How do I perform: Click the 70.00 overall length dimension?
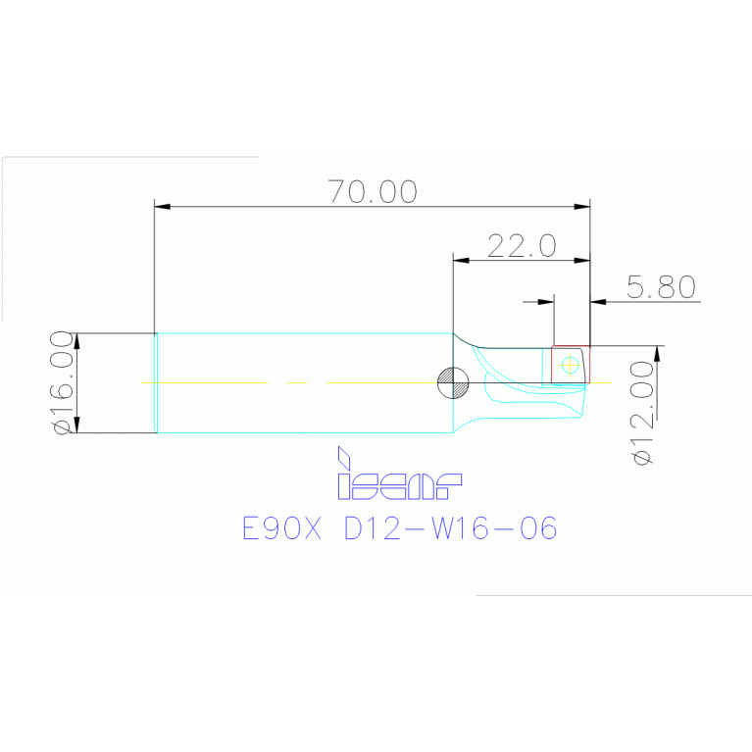(373, 191)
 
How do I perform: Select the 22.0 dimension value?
(522, 245)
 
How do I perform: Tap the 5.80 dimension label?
(661, 286)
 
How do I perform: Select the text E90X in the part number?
(281, 529)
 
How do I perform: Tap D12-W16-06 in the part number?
(451, 529)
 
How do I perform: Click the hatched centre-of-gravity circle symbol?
(452, 382)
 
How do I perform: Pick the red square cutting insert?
(570, 365)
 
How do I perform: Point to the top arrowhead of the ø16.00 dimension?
(77, 340)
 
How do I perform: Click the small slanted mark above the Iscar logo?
(343, 457)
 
